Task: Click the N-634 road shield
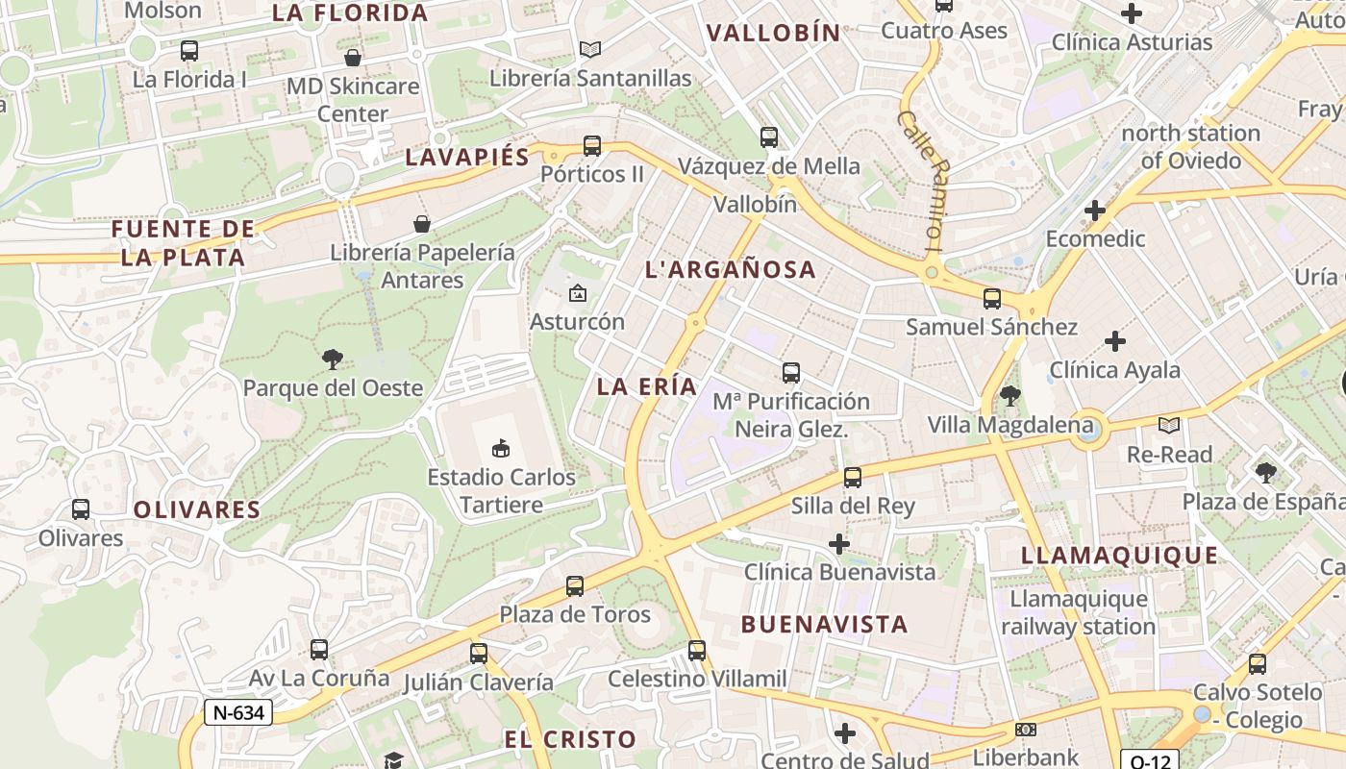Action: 238,712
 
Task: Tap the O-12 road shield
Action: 1150,760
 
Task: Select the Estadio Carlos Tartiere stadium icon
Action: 500,448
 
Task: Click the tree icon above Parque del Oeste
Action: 333,360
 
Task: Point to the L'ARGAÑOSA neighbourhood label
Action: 731,269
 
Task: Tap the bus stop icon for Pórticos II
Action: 592,146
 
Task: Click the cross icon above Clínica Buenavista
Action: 839,544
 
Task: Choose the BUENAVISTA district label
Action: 824,624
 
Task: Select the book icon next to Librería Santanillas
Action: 590,49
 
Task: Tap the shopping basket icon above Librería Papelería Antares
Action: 421,225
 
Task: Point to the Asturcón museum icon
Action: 578,293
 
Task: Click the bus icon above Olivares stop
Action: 81,509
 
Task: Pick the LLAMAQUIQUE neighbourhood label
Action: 1119,555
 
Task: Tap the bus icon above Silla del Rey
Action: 852,478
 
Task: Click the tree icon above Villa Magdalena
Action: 1009,395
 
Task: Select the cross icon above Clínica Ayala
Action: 1115,341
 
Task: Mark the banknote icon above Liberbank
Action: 1026,730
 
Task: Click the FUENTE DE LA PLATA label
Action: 183,243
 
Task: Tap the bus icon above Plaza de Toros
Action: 575,585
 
